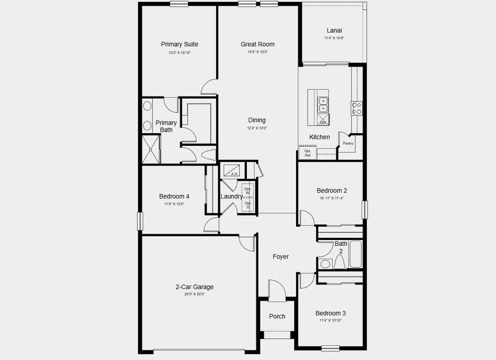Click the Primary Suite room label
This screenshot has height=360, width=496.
pyautogui.click(x=180, y=44)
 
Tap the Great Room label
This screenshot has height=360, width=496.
pyautogui.click(x=258, y=44)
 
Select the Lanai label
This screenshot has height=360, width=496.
pyautogui.click(x=334, y=30)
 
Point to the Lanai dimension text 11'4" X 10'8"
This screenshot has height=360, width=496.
pyautogui.click(x=334, y=38)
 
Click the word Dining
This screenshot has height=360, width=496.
pyautogui.click(x=257, y=120)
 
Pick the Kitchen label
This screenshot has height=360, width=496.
pyautogui.click(x=319, y=137)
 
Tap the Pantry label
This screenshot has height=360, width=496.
pyautogui.click(x=348, y=143)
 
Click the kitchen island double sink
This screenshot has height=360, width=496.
pyautogui.click(x=323, y=104)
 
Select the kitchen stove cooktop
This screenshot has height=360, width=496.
pyautogui.click(x=357, y=108)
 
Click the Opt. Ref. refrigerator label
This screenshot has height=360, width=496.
pyautogui.click(x=307, y=153)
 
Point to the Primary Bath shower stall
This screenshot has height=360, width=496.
pyautogui.click(x=151, y=149)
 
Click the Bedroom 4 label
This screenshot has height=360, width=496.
pyautogui.click(x=174, y=196)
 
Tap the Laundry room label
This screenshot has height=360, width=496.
pyautogui.click(x=231, y=196)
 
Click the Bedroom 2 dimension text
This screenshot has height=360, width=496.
pyautogui.click(x=332, y=198)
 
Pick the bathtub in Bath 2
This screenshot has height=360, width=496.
pyautogui.click(x=355, y=254)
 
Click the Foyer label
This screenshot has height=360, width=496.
pyautogui.click(x=280, y=256)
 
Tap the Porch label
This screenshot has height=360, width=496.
pyautogui.click(x=277, y=316)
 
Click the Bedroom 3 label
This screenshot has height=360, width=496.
pyautogui.click(x=331, y=313)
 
